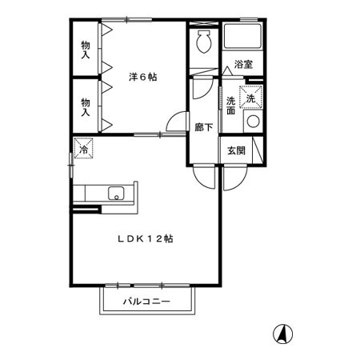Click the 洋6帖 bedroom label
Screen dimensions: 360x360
pos(143,77)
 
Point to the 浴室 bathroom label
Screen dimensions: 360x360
pos(243,64)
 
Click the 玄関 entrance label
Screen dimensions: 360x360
pos(236,150)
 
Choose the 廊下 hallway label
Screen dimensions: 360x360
pos(203,126)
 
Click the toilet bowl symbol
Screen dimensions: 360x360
pos(203,40)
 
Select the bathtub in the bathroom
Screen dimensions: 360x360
pos(244,38)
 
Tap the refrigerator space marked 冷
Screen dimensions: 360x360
pos(83,149)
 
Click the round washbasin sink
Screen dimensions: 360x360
pos(253,122)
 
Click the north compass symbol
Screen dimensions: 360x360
pos(282,334)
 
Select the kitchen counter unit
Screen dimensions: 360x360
pos(106,193)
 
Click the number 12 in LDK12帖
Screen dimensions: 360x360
pos(158,238)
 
